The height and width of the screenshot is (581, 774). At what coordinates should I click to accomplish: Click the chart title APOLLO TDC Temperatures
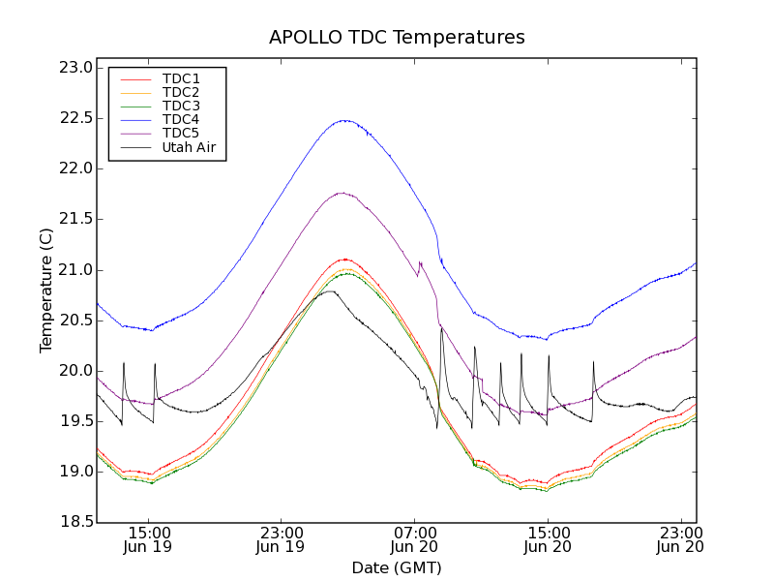tap(397, 38)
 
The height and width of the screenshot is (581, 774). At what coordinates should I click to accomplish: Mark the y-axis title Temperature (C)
tap(46, 290)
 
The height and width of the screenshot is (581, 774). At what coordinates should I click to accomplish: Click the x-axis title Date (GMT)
tap(397, 567)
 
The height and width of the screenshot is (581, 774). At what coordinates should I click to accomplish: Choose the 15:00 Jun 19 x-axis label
tap(149, 539)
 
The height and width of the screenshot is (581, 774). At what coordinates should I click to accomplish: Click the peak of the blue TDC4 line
tap(343, 120)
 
